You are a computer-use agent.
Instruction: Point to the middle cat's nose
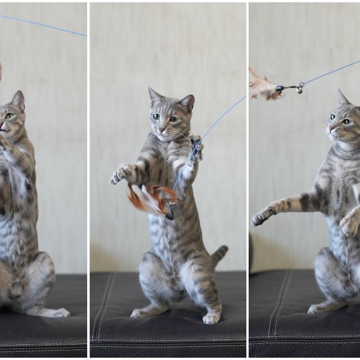click(x=163, y=129)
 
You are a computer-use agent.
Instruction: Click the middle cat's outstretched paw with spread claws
click(x=120, y=174)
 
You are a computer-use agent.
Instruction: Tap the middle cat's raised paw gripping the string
click(x=195, y=148)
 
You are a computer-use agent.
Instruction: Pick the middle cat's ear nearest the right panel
click(x=187, y=102)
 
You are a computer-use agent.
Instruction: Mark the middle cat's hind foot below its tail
click(x=211, y=317)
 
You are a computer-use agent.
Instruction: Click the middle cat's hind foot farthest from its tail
click(x=141, y=312)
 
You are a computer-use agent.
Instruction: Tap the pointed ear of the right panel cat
click(x=342, y=97)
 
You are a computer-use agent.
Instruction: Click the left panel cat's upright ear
click(x=18, y=100)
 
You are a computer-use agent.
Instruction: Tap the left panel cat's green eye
click(x=10, y=116)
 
